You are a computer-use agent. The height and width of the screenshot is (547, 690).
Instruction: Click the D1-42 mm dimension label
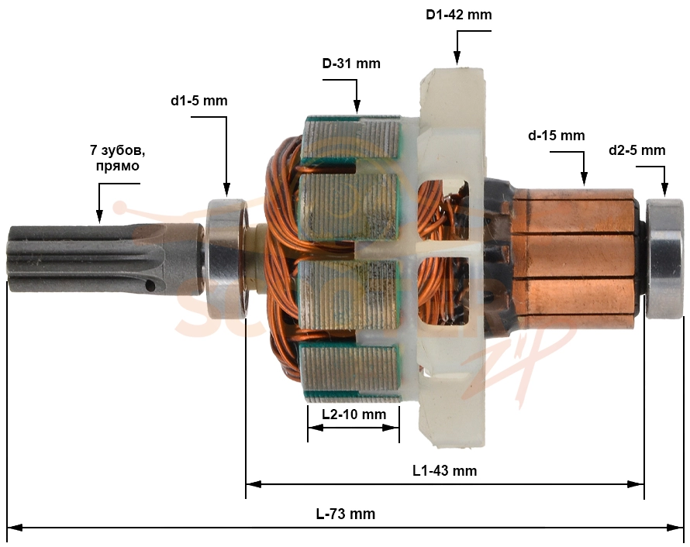point(458,15)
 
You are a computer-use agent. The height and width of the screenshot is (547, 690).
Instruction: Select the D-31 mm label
point(351,64)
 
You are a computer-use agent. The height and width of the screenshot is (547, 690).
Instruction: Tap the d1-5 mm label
point(199,101)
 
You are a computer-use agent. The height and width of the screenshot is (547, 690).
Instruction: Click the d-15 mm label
point(556,136)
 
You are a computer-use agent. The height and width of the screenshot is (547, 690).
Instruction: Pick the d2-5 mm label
point(637,150)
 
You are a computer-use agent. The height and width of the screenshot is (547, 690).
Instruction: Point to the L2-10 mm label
point(354,415)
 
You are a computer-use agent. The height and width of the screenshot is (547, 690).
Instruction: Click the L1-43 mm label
point(444,470)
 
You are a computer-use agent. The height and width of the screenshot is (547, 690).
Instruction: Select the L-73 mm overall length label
point(346,514)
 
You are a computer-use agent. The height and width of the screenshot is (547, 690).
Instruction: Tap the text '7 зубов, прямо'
point(118,158)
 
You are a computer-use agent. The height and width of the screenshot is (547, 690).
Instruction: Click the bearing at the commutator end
point(664,259)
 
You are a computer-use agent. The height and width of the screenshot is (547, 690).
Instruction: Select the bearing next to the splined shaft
point(227,259)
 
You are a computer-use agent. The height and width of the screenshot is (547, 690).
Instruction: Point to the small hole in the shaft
point(150,286)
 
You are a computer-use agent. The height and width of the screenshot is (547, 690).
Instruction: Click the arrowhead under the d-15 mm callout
point(584,179)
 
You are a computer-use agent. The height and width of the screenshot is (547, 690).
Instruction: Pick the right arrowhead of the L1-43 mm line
point(637,484)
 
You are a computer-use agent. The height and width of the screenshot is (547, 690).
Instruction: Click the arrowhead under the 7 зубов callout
point(99,216)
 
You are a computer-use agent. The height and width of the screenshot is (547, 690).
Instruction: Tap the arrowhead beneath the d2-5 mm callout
point(664,190)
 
